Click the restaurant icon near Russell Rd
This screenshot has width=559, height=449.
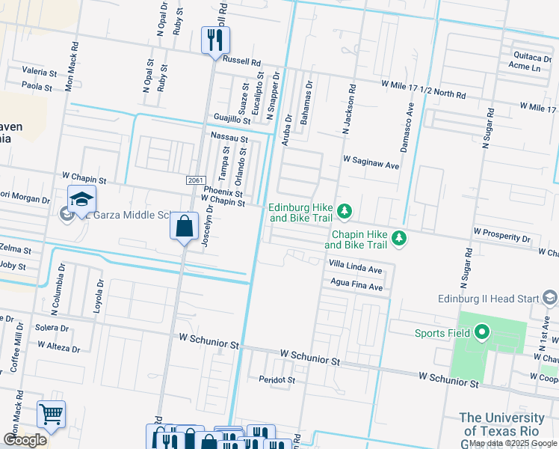214,40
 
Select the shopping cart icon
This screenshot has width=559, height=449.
51,415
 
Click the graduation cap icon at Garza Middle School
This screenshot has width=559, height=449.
81,200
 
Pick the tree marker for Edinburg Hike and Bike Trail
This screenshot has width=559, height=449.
344,213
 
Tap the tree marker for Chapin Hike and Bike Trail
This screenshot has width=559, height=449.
400,239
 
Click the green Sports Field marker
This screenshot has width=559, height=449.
482,332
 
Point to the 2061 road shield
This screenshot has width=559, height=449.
196,180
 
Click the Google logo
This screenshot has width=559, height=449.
25,439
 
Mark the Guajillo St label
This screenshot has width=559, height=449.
232,119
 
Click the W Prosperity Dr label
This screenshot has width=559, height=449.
501,236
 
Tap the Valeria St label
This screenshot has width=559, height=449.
40,73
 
